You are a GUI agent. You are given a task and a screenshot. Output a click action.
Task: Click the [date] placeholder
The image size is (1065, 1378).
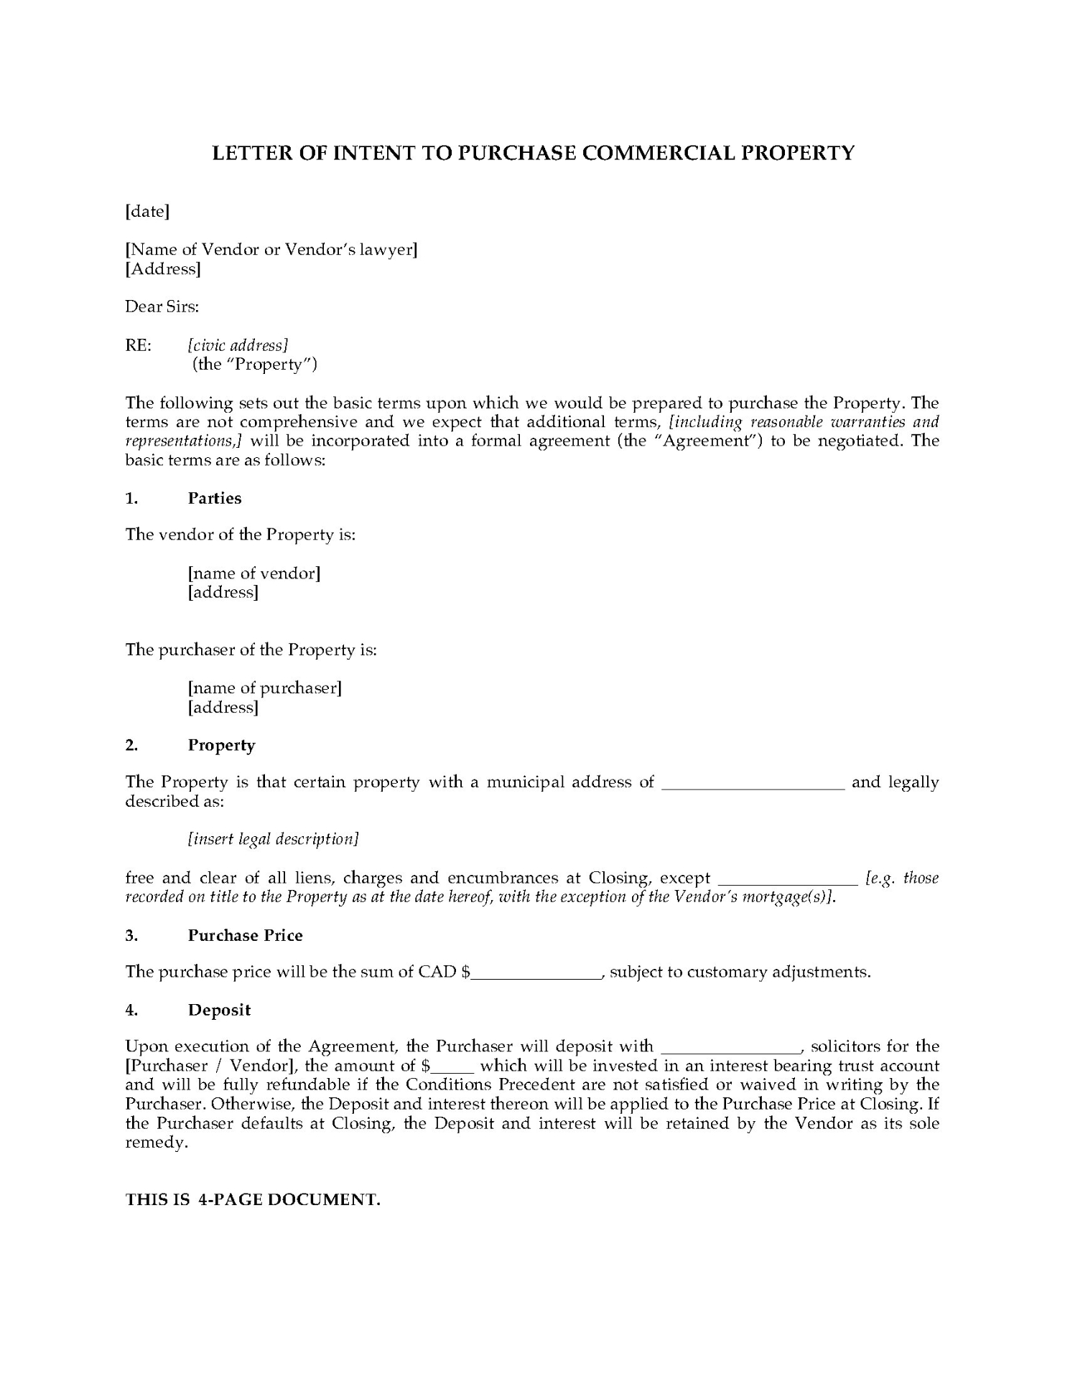[x=147, y=212]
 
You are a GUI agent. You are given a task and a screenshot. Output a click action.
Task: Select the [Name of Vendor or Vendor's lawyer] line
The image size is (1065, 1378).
[x=271, y=250]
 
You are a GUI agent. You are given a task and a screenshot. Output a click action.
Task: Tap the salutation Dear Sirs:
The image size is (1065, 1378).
[x=162, y=307]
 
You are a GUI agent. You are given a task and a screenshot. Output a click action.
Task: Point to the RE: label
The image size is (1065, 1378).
[x=139, y=345]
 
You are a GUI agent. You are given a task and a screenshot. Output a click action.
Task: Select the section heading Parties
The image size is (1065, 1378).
[x=215, y=498]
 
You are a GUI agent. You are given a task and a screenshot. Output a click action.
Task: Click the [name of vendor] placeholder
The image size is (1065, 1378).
[x=254, y=573]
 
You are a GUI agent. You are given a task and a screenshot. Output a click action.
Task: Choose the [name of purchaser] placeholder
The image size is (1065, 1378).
[x=265, y=688]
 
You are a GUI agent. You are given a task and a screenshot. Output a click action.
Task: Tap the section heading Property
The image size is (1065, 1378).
[x=222, y=745]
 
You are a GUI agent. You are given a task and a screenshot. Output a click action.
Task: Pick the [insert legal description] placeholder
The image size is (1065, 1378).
[x=273, y=839]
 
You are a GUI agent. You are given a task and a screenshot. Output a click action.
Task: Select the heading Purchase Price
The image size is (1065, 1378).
[x=245, y=935]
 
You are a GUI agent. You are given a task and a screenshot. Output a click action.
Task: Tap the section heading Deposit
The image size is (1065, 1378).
[x=219, y=1010]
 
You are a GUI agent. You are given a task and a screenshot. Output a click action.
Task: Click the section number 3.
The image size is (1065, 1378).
[x=131, y=935]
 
